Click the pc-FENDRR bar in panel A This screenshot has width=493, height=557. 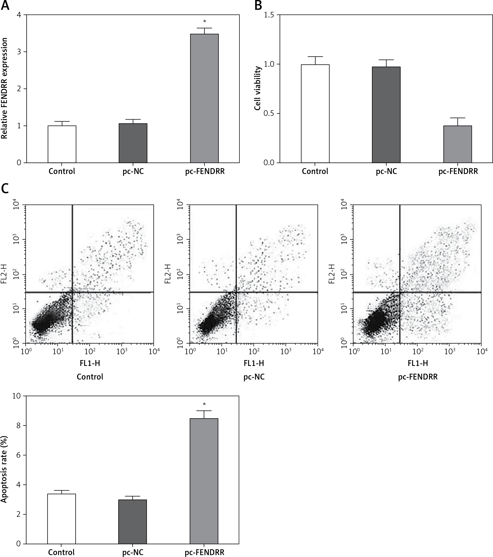click(x=204, y=98)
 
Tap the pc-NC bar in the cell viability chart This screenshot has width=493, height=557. click(x=386, y=115)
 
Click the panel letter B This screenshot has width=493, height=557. click(x=258, y=6)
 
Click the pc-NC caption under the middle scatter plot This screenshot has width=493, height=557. click(x=254, y=377)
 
